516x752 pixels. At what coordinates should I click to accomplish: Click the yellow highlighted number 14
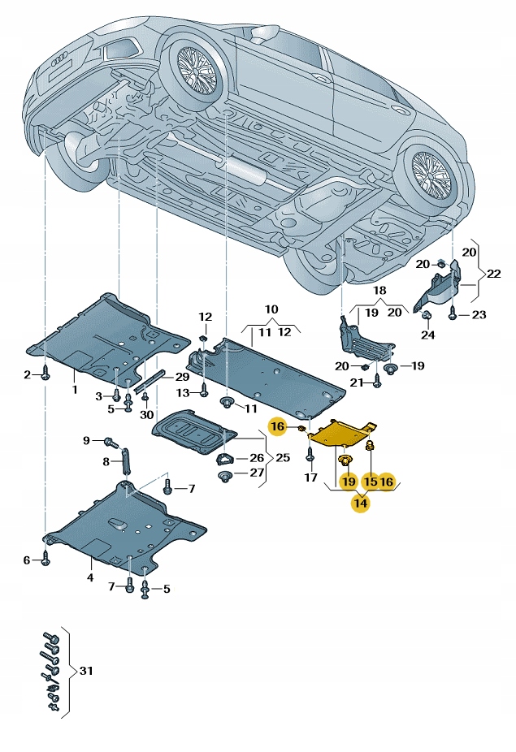(360, 503)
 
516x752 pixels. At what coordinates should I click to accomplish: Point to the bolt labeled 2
(46, 374)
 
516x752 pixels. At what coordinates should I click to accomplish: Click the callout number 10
(271, 309)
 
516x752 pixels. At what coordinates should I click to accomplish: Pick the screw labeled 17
(310, 458)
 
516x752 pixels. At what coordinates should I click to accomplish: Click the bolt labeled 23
(452, 314)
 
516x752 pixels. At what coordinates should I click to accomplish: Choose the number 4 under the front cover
(90, 578)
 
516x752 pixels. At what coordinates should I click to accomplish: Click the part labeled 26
(224, 459)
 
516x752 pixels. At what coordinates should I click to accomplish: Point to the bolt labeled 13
(204, 393)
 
